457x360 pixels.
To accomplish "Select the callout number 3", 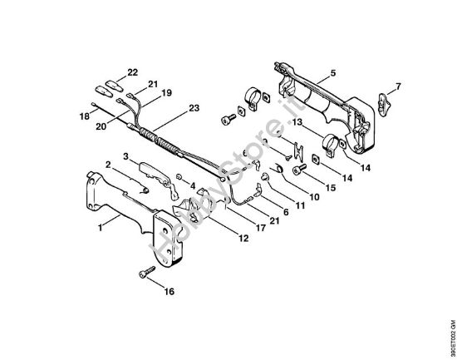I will click(125, 155).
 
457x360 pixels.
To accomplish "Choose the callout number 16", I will click(170, 292).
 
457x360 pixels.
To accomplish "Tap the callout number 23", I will click(194, 108).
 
